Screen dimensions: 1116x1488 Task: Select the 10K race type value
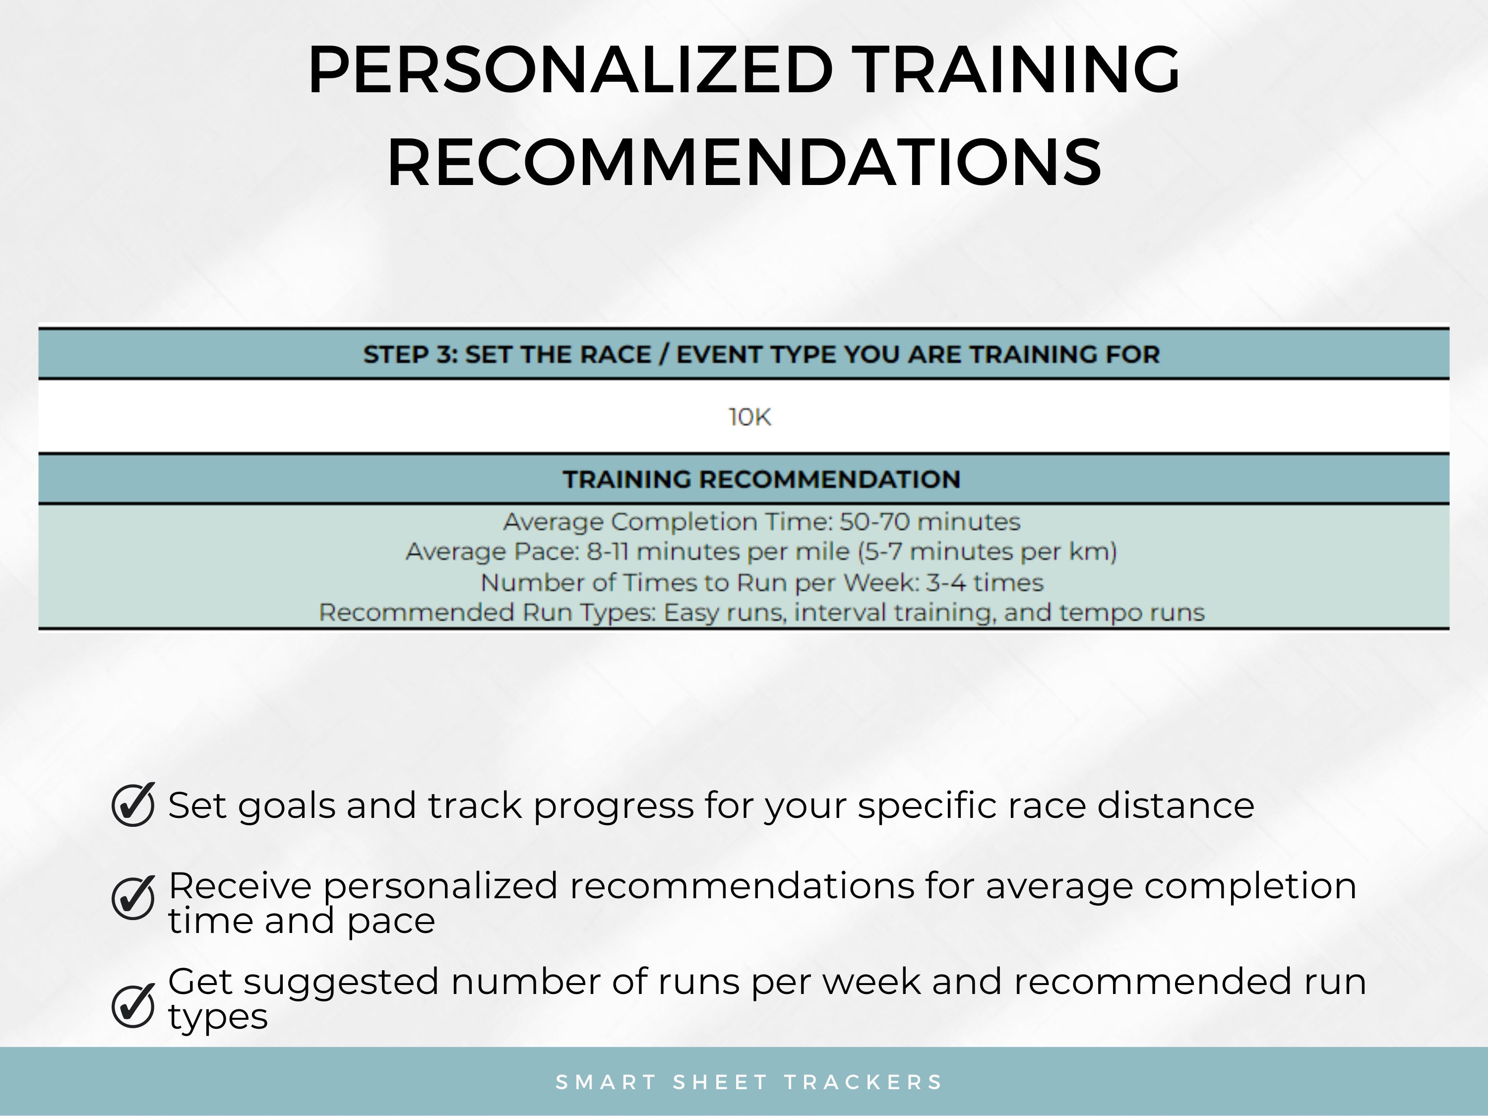(x=749, y=418)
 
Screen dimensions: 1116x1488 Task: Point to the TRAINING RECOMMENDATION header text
(x=761, y=480)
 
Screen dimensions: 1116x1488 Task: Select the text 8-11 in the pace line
(x=608, y=552)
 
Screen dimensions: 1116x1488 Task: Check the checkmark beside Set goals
(x=133, y=805)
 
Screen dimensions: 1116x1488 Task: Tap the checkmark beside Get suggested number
(x=133, y=1006)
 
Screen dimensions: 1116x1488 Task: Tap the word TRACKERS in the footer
(x=864, y=1082)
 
